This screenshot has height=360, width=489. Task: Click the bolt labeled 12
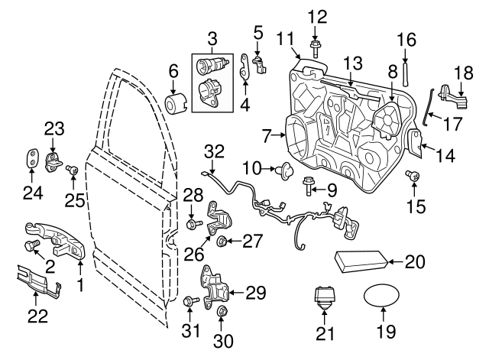[x=316, y=49]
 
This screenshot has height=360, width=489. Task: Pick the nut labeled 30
[x=223, y=312]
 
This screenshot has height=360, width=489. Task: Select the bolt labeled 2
[x=32, y=245]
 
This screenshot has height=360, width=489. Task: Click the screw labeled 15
[x=415, y=177]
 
